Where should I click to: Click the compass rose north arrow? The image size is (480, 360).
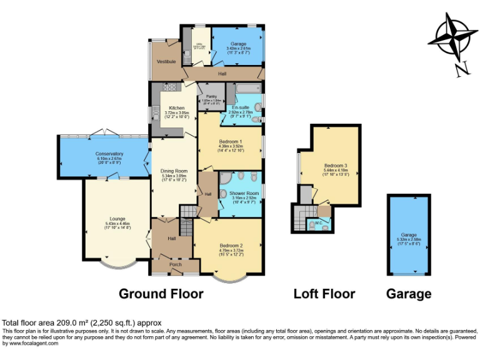454,38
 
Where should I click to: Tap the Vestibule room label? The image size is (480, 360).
165,62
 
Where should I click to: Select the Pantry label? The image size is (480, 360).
211,96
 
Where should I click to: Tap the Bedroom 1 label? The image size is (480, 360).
230,142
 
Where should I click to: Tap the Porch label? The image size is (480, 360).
175,264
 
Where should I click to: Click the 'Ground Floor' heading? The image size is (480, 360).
161,294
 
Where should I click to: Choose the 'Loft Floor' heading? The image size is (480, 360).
324,294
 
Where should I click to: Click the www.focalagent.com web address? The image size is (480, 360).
29,342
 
